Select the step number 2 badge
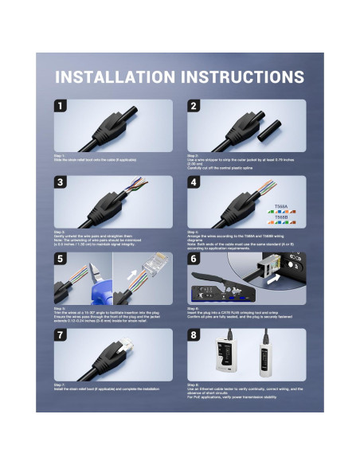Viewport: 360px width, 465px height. point(194,106)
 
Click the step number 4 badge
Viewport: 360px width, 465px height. point(194,182)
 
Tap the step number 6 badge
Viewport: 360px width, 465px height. point(194,259)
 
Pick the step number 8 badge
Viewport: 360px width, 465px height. point(194,335)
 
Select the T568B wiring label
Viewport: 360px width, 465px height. point(280,216)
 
